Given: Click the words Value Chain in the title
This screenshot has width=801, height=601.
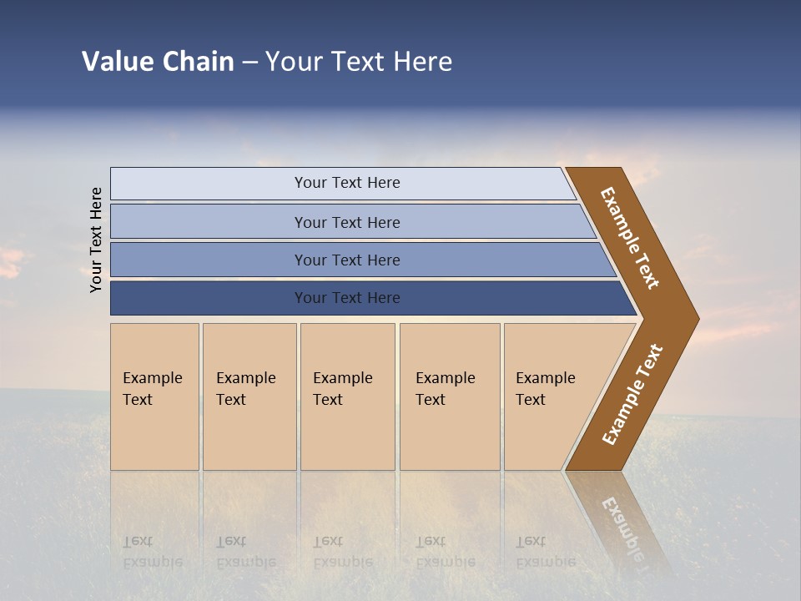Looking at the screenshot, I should pos(158,62).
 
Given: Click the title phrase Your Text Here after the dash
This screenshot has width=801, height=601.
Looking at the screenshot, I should pos(358,62).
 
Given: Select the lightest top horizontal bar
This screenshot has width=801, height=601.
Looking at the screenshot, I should pos(209,184).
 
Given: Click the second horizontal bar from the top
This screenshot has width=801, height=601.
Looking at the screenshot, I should pos(209,222).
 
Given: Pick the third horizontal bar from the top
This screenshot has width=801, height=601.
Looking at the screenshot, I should pos(209,260).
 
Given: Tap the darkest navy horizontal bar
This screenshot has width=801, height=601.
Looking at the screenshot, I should pos(209,298).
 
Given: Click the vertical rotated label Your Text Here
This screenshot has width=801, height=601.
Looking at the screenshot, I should pos(97,240).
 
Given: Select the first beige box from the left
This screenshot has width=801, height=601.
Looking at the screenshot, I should pos(154,396).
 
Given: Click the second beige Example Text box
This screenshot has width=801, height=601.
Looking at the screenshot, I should pos(249,396).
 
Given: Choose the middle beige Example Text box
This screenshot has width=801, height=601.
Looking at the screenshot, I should pos(347,396).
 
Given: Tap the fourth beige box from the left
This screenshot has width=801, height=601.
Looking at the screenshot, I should pos(450,396).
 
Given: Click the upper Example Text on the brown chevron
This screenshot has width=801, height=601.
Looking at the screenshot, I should pos(630,238).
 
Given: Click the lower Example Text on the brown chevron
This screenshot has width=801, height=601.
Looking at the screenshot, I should pos(632,395).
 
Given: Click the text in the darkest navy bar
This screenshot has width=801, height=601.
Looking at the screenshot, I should pos(347,298).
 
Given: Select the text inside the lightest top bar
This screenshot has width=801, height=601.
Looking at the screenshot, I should pos(347,183).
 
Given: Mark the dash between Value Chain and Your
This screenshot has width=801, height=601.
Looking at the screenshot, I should pos(249,63).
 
